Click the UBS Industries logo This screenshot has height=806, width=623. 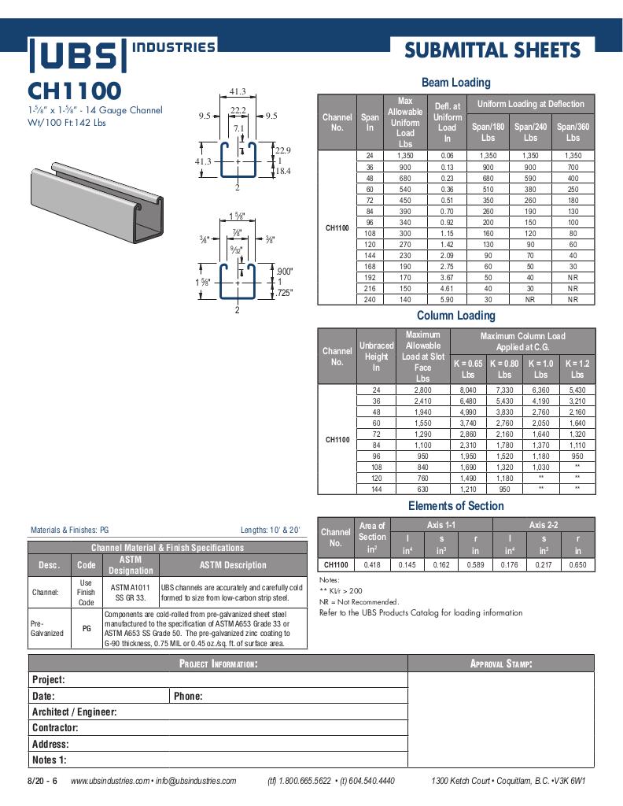click(122, 54)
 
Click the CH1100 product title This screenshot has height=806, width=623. click(75, 90)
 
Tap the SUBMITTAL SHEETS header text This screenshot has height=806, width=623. click(492, 50)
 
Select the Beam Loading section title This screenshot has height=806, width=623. click(455, 82)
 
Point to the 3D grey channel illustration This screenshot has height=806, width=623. click(98, 204)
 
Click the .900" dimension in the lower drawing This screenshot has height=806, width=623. click(284, 272)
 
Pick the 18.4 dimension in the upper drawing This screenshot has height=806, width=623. click(282, 171)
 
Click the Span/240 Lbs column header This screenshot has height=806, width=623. click(530, 131)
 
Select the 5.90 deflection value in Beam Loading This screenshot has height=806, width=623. click(446, 299)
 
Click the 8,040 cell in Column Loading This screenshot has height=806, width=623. click(467, 390)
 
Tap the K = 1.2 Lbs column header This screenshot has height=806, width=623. click(577, 368)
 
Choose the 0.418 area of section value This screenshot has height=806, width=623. click(372, 564)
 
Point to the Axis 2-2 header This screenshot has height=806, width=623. click(544, 524)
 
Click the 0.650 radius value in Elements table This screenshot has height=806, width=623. click(577, 564)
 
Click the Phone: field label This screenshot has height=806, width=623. click(188, 696)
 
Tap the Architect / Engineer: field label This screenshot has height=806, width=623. click(74, 712)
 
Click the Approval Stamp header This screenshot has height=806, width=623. click(501, 664)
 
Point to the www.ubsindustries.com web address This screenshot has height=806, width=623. click(109, 781)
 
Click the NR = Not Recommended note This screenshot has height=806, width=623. click(359, 602)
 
